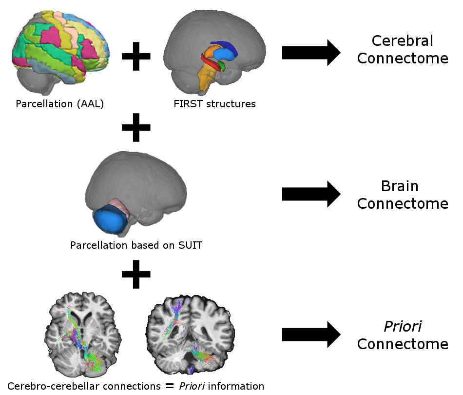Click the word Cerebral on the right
pos(402,40)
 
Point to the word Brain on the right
pos(400,186)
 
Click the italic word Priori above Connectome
pos(403,326)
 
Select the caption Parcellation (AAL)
pos(60,104)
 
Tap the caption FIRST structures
pos(214,104)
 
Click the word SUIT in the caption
pos(189,245)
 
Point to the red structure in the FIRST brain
pos(210,65)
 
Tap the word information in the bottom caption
pos(237,386)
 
